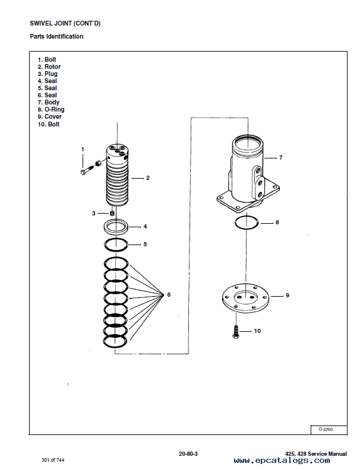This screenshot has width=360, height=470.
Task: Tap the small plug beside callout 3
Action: [x=112, y=214]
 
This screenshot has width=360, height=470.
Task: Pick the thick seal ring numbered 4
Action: [x=116, y=226]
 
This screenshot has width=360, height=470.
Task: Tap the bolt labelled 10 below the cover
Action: [x=236, y=332]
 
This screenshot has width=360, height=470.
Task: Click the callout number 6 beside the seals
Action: [x=169, y=295]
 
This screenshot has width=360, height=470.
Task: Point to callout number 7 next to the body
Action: [x=280, y=157]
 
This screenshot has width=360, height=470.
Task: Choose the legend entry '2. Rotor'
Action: [x=49, y=66]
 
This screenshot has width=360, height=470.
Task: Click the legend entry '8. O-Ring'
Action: [x=51, y=109]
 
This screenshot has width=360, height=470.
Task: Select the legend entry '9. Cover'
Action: [x=49, y=116]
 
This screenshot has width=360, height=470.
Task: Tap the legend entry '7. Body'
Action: [x=48, y=102]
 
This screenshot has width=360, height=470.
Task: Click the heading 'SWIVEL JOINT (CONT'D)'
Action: [x=65, y=23]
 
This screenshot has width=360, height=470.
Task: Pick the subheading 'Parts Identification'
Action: [x=56, y=36]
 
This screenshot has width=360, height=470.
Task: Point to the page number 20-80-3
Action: [x=188, y=454]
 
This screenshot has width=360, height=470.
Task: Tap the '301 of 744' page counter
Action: [x=53, y=460]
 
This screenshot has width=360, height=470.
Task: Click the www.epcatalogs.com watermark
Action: [x=282, y=461]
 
